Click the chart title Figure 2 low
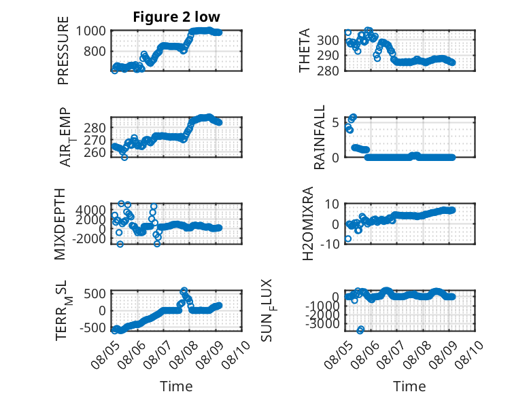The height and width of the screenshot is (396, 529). click(x=176, y=17)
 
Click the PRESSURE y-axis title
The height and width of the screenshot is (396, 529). click(x=63, y=50)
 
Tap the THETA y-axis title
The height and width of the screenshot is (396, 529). click(x=305, y=50)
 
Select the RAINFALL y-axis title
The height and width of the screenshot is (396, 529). click(x=319, y=137)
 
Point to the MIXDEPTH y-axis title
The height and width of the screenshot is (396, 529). click(x=60, y=224)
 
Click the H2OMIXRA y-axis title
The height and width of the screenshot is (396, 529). click(x=308, y=223)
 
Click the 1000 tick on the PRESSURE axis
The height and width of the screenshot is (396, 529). click(x=90, y=31)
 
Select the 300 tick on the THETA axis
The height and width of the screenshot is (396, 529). click(x=328, y=41)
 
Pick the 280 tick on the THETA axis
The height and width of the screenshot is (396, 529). click(x=328, y=71)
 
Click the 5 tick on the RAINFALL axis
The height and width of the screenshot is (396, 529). click(x=335, y=122)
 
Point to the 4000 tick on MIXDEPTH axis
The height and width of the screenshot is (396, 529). click(x=90, y=210)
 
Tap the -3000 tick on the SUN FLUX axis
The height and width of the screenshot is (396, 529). click(x=323, y=324)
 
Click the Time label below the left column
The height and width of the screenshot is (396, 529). click(x=176, y=386)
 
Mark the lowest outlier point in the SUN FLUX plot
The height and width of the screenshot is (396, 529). click(x=360, y=330)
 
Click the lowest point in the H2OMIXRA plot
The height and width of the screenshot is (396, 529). click(x=348, y=238)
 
